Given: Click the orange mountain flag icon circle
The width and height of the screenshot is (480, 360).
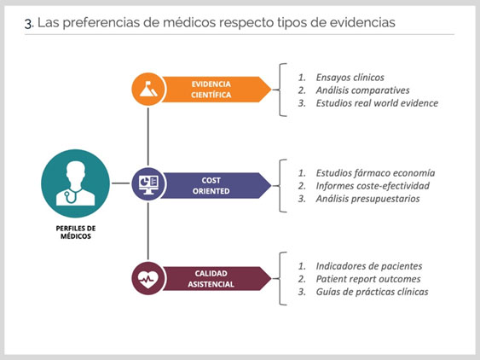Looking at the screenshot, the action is coord(148,90).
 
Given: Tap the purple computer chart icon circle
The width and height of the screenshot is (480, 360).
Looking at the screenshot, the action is coord(148,183).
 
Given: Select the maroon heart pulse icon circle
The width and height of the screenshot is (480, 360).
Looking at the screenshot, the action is coord(148,278).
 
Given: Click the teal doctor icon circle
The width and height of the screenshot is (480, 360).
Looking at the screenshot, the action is coord(75,183).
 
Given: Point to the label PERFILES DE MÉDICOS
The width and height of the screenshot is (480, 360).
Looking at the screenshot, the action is coord(76,232).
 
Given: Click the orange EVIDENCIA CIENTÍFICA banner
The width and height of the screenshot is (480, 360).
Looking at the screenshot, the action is coord(217,90).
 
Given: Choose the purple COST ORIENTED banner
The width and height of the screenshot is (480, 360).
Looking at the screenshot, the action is coord(217,185).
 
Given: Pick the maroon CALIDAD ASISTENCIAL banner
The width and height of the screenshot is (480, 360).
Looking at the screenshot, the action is coord(217,278).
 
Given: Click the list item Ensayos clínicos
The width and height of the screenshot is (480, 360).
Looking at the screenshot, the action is coord(350,78).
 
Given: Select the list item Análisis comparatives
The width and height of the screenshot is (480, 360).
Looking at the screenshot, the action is coord(362,90).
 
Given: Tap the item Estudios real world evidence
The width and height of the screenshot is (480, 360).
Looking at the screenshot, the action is coord(377,103).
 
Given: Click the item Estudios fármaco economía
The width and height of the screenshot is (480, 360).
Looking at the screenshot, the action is coord(375,173).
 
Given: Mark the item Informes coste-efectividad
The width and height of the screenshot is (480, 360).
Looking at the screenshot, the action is coord(373,186).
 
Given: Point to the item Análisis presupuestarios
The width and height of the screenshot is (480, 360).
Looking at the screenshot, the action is coord(367,199).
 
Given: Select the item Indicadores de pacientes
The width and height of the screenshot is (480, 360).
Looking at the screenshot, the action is coord(369,266).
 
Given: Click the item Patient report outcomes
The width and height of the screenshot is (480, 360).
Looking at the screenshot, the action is coord(368,279).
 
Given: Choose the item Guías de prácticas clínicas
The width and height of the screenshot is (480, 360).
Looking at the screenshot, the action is coord(372,292).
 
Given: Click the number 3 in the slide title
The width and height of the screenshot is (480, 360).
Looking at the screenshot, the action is coord(28,24).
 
